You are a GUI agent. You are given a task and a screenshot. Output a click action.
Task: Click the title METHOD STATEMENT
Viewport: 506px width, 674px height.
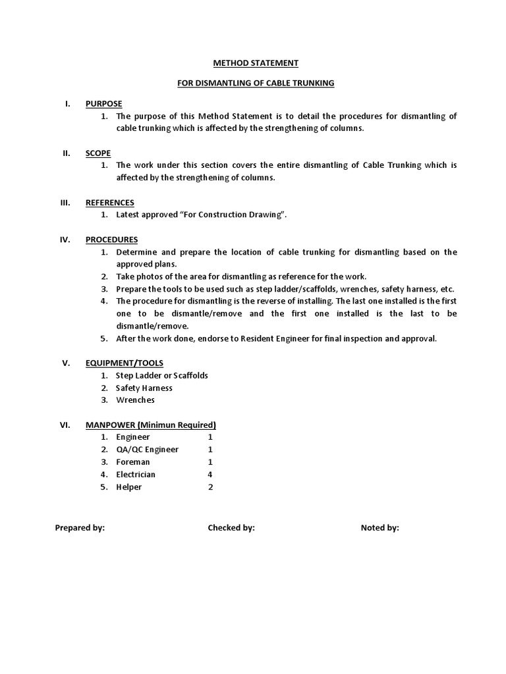[x=256, y=63]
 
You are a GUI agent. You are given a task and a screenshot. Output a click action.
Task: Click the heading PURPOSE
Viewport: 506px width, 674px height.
[x=103, y=104]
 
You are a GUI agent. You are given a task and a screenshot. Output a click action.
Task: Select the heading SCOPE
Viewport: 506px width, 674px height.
[x=98, y=153]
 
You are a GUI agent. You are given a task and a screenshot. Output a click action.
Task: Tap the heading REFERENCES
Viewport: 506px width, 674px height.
[x=109, y=203]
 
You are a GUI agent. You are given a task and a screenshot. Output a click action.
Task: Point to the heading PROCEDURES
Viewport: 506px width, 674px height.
[x=111, y=240]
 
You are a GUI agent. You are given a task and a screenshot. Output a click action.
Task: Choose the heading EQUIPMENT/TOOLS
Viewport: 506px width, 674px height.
[x=125, y=363]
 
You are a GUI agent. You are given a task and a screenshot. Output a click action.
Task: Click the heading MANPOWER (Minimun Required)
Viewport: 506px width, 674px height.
[x=150, y=425]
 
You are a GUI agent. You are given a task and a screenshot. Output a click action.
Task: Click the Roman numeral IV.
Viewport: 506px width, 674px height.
[x=65, y=240]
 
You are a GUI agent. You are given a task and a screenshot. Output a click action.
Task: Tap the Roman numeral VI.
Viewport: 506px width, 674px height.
[x=65, y=425]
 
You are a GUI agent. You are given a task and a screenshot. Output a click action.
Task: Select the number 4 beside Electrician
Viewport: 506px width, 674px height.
[x=210, y=475]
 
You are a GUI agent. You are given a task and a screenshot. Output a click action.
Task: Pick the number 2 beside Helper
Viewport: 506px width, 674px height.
[x=210, y=487]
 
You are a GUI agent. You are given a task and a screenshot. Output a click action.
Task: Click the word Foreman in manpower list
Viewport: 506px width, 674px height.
[x=132, y=462]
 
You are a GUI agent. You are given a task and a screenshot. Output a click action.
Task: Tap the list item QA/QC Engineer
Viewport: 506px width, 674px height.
[x=147, y=450]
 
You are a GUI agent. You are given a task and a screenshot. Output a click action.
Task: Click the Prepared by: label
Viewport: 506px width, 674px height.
[x=80, y=528]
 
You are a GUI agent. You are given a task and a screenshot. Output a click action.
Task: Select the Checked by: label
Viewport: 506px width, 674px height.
[x=231, y=528]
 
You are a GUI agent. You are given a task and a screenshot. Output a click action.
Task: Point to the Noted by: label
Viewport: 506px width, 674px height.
[x=379, y=528]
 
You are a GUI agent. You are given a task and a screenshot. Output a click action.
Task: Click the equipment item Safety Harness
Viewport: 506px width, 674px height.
[x=144, y=388]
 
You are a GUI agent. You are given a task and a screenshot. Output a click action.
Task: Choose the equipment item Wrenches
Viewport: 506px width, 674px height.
[x=135, y=400]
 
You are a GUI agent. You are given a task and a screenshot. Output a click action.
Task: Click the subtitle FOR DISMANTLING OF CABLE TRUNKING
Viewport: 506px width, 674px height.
[x=256, y=83]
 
